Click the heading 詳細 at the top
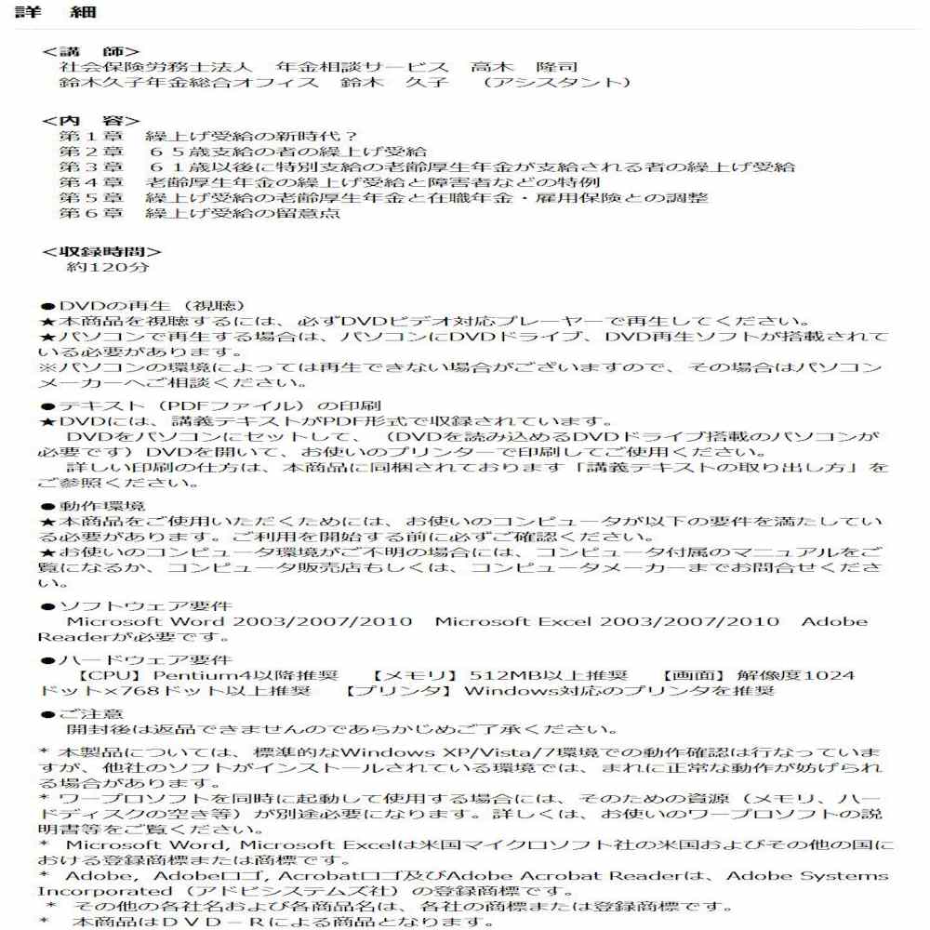pyautogui.click(x=54, y=13)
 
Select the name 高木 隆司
pyautogui.click(x=525, y=67)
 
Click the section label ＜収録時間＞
pyautogui.click(x=101, y=251)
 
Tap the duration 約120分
pyautogui.click(x=108, y=267)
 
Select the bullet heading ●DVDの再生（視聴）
pyautogui.click(x=142, y=305)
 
